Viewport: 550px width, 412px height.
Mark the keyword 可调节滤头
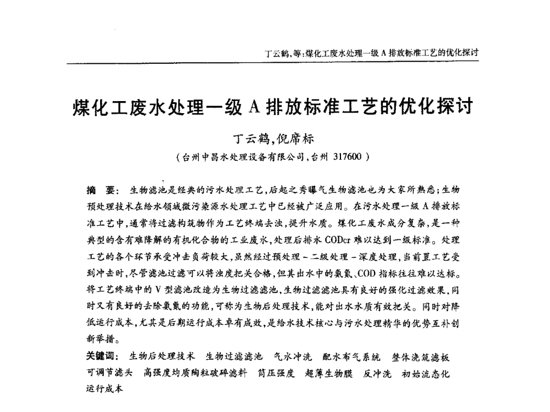tap(110, 373)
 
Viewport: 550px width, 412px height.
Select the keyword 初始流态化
tap(426, 373)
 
